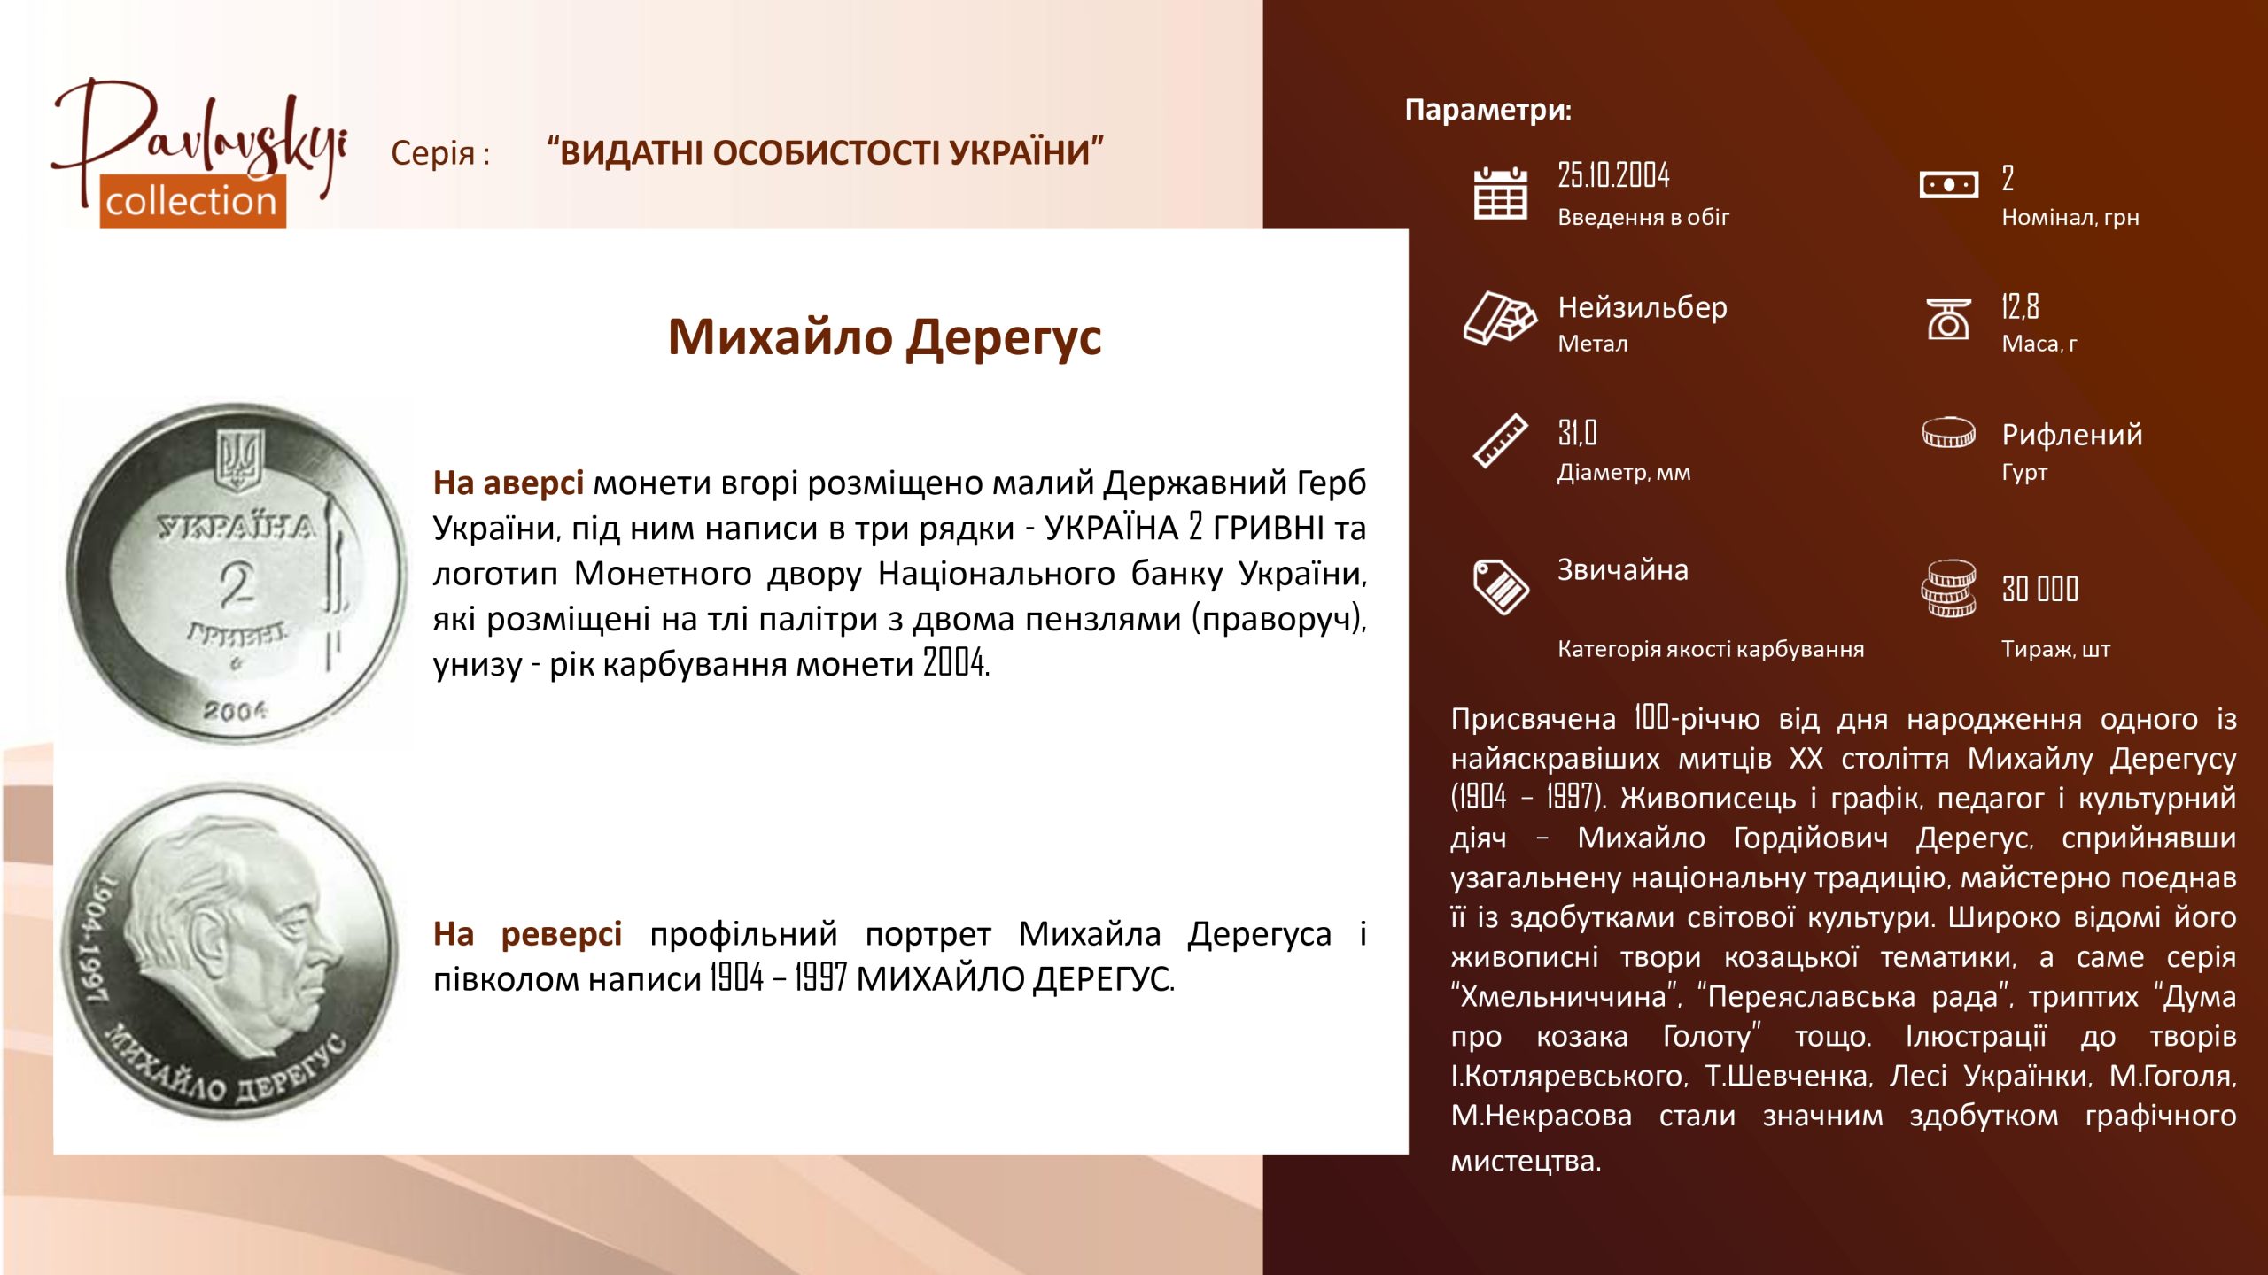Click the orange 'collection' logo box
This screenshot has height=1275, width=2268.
pos(192,201)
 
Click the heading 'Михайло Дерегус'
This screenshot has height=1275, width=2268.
pos(884,337)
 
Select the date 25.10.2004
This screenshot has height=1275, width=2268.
pos(1613,175)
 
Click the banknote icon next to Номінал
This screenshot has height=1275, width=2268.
pos(1948,184)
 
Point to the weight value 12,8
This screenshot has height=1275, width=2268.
pos(2020,306)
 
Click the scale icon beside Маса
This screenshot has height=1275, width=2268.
pos(1948,319)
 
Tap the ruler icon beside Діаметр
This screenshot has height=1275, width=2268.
pos(1500,440)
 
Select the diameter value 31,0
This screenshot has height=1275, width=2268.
pos(1577,433)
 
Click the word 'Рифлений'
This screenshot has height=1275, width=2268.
pos(2071,435)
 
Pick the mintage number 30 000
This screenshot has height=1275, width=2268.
pos(2039,589)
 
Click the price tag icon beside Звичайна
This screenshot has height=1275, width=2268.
pos(1500,586)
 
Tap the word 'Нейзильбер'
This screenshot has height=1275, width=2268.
pos(1642,307)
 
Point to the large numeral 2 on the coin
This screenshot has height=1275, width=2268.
pos(237,583)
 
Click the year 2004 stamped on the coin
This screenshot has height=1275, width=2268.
pos(235,710)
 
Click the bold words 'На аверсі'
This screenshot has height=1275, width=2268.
pos(508,483)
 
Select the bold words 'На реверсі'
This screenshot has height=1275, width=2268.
pos(527,933)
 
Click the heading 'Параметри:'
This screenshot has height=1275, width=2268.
pos(1487,110)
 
